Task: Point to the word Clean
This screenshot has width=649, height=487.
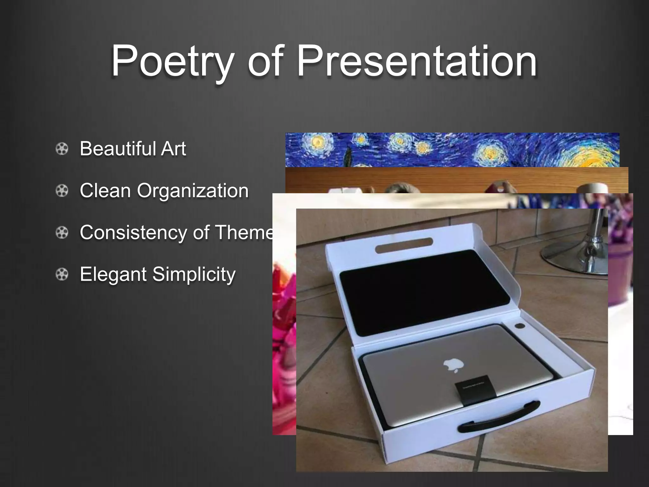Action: point(105,191)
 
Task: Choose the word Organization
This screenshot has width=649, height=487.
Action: point(193,191)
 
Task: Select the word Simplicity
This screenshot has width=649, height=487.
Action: point(194,274)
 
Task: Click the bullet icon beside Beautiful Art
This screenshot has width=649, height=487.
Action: point(62,149)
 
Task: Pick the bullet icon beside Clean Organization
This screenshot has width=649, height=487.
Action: point(62,191)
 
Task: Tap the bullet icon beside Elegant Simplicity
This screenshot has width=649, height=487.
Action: point(62,274)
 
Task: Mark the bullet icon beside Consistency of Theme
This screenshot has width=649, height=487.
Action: point(62,233)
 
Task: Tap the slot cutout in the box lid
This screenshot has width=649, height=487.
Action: point(404,245)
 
